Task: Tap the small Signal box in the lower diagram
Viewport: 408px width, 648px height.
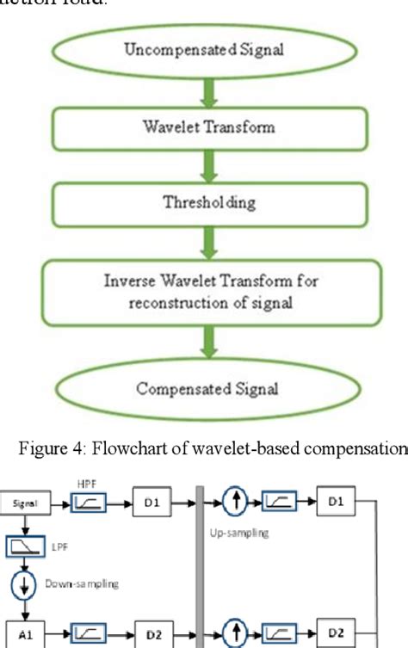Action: coord(25,497)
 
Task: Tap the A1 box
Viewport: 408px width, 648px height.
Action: coord(25,632)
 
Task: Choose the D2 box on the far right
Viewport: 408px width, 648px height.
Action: coord(341,632)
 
